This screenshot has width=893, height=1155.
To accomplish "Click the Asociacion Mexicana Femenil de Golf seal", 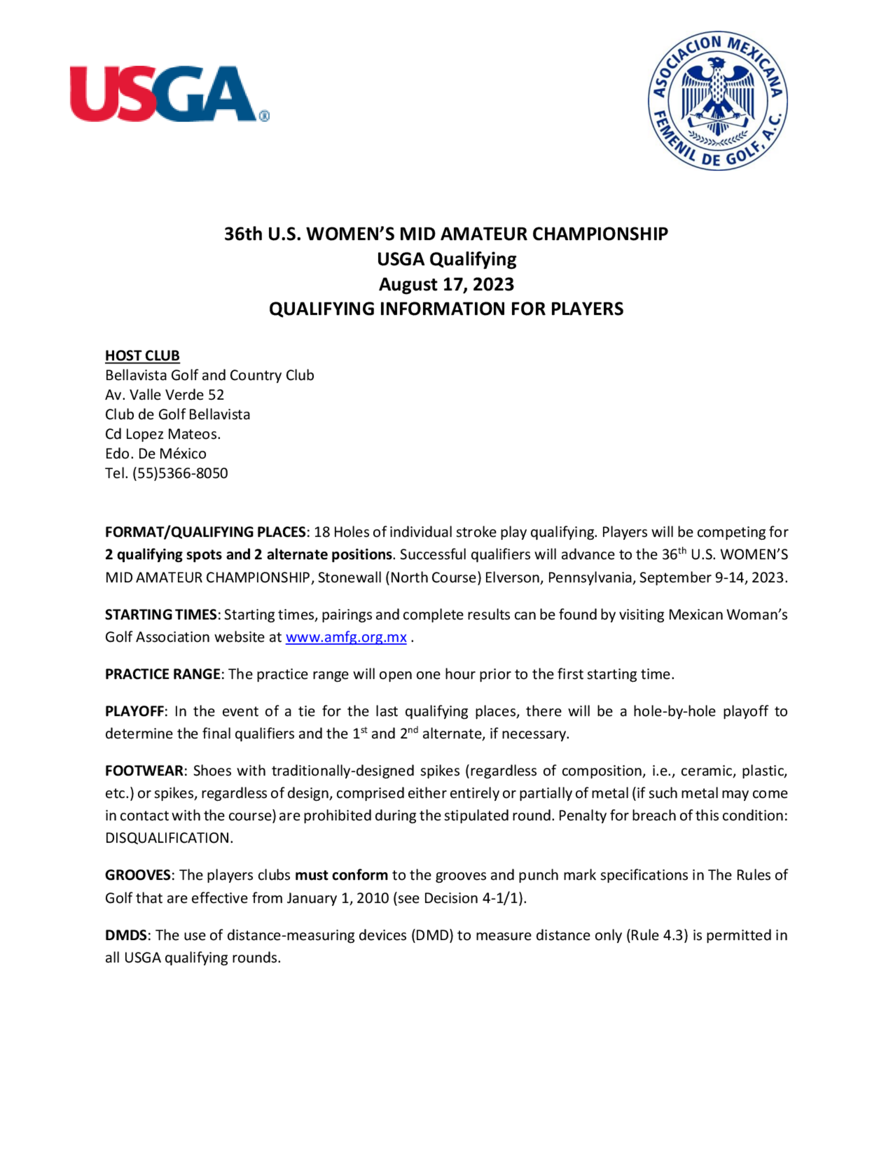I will (x=718, y=100).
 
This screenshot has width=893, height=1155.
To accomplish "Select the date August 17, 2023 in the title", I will (x=446, y=285).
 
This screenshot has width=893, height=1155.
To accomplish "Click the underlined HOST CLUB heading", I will (x=142, y=355).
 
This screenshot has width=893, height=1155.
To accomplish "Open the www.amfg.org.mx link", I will (x=346, y=637).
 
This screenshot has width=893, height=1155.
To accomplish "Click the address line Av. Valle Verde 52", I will (x=164, y=395).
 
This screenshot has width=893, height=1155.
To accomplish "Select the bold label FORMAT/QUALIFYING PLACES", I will (x=205, y=532).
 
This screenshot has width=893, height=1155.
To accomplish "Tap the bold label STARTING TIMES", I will (x=160, y=615).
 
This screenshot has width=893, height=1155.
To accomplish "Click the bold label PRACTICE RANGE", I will (x=163, y=674).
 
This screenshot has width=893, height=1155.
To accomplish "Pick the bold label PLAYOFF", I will (x=134, y=711).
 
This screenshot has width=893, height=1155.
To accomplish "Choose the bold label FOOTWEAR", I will (x=144, y=771).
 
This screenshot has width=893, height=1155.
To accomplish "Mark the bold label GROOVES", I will (x=138, y=875).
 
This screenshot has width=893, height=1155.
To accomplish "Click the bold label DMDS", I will (x=125, y=935).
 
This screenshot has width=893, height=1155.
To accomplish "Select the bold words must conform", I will (x=341, y=875).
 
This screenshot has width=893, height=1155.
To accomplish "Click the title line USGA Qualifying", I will (x=446, y=259).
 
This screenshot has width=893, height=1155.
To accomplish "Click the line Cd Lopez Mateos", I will (x=163, y=434).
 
